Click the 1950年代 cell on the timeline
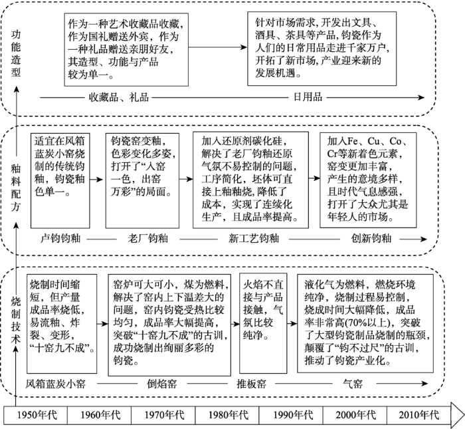(36, 415)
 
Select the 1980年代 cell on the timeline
(227, 415)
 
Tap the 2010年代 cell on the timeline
(418, 415)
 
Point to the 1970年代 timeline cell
(163, 415)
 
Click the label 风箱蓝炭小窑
(55, 384)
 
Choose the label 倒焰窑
(162, 384)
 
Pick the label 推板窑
(251, 384)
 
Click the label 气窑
(352, 384)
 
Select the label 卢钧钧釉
(60, 238)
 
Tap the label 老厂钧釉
(148, 238)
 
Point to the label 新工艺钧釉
(254, 238)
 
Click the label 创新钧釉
(371, 238)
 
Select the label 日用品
(308, 97)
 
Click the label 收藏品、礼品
(119, 97)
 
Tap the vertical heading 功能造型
(16, 53)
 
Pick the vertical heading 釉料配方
(16, 188)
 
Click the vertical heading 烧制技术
(16, 320)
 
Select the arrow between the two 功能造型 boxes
(217, 47)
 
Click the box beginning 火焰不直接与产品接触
(263, 323)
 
